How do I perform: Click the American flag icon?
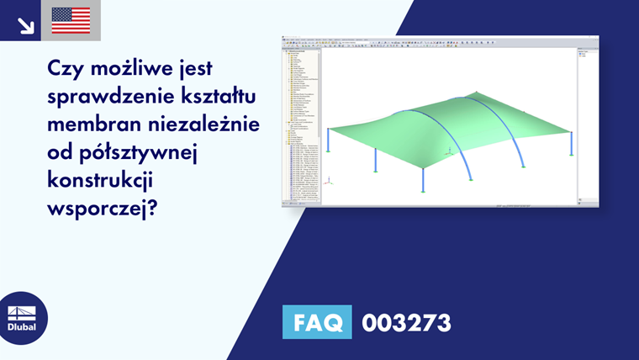pyautogui.click(x=71, y=20)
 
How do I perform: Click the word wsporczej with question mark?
pyautogui.click(x=103, y=208)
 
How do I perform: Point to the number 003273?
pyautogui.click(x=406, y=322)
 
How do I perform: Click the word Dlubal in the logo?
pyautogui.click(x=22, y=327)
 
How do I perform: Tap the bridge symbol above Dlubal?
pyautogui.click(x=22, y=313)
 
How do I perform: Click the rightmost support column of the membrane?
pyautogui.click(x=571, y=144)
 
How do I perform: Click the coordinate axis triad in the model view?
pyautogui.click(x=329, y=180)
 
